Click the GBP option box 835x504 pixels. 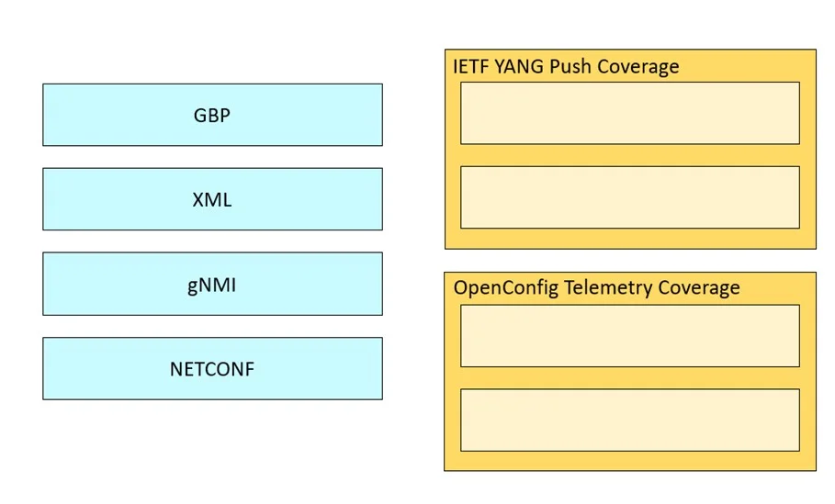212,115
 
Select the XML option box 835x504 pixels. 212,199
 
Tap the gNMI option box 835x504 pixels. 212,284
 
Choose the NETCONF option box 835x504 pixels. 212,368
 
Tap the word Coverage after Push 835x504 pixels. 638,67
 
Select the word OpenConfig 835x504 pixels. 506,288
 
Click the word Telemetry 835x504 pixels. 608,288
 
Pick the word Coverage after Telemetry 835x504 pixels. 699,288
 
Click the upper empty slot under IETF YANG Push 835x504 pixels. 630,113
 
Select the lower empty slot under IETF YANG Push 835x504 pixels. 630,197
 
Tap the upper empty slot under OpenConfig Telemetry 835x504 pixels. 630,336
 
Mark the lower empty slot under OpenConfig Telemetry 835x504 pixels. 630,420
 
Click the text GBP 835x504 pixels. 212,116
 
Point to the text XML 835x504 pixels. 212,200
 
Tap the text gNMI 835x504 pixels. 211,286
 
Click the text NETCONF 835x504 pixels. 212,369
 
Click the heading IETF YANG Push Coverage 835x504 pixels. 566,67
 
